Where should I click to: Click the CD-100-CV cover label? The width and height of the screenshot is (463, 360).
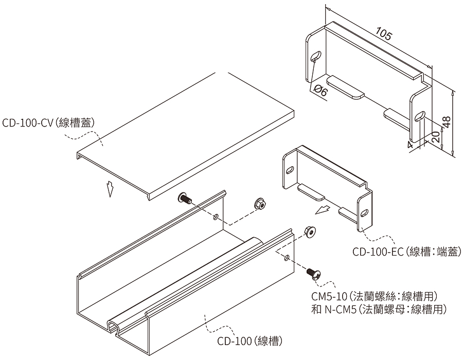pyautogui.click(x=48, y=122)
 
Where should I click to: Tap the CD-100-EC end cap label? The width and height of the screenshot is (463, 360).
pyautogui.click(x=406, y=252)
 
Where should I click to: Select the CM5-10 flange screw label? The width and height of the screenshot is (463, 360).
pyautogui.click(x=374, y=296)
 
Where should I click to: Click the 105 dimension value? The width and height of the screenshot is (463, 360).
pyautogui.click(x=384, y=33)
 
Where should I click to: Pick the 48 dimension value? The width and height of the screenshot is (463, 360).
pyautogui.click(x=447, y=122)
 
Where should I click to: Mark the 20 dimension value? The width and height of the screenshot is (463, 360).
pyautogui.click(x=436, y=137)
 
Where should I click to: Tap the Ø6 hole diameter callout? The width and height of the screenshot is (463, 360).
pyautogui.click(x=320, y=91)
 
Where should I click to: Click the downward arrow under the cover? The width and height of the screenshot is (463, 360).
pyautogui.click(x=110, y=189)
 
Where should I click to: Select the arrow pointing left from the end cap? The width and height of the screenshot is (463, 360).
pyautogui.click(x=322, y=210)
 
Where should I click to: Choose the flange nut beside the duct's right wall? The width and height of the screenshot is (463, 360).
pyautogui.click(x=309, y=232)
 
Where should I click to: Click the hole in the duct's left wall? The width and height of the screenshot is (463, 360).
pyautogui.click(x=216, y=218)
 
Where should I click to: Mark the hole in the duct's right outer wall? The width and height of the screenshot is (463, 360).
pyautogui.click(x=286, y=258)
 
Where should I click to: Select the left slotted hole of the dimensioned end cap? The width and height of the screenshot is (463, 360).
pyautogui.click(x=316, y=56)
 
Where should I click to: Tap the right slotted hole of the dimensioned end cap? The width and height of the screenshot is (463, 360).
pyautogui.click(x=420, y=116)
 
